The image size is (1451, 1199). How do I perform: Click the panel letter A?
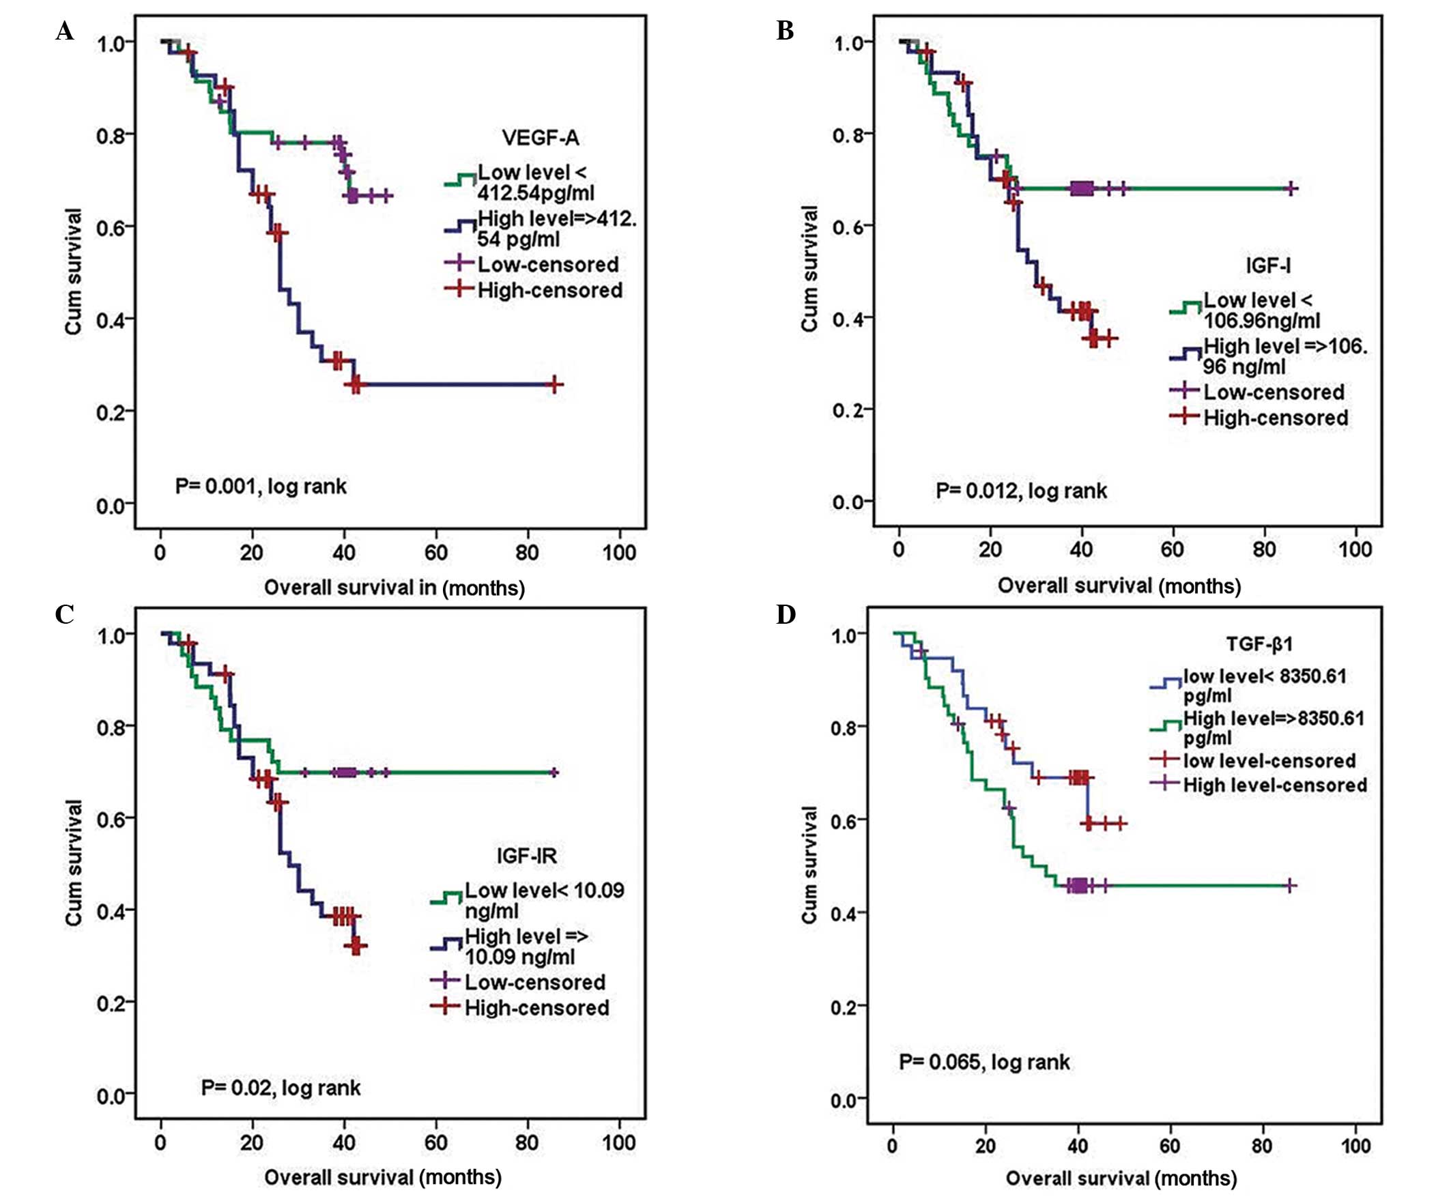click(65, 32)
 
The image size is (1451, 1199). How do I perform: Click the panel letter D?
click(786, 614)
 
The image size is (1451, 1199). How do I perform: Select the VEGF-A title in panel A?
click(540, 138)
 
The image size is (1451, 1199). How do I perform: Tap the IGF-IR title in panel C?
click(526, 856)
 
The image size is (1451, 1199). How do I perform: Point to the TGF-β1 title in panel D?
click(1259, 644)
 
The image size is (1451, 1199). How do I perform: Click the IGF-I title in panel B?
click(1268, 265)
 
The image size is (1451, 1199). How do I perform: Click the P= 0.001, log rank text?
click(260, 487)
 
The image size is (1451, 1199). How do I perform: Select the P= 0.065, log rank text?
click(983, 1062)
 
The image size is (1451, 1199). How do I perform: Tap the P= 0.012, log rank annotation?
click(1021, 491)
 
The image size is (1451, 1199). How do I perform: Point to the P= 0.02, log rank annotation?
click(281, 1088)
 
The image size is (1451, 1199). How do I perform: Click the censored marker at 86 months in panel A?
click(554, 385)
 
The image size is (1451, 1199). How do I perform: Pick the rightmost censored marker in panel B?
click(1290, 188)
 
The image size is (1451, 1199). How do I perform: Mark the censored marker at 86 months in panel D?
click(1289, 886)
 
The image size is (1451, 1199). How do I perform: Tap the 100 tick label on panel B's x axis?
click(1355, 550)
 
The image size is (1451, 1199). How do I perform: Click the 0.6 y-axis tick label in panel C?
click(111, 819)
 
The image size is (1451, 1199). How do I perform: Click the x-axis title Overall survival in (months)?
click(394, 588)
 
